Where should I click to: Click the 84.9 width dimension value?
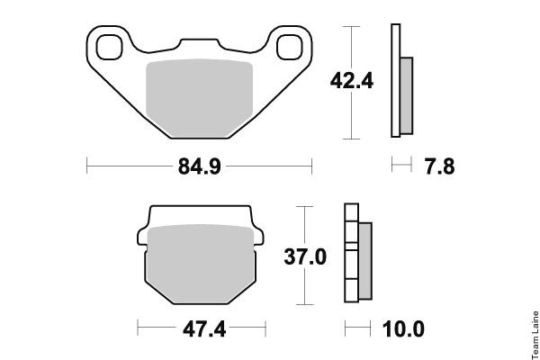pyautogui.click(x=200, y=166)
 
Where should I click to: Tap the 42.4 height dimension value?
pyautogui.click(x=352, y=81)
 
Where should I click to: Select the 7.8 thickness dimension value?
pyautogui.click(x=440, y=166)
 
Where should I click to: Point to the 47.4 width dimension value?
pyautogui.click(x=204, y=329)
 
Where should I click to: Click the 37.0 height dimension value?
pyautogui.click(x=305, y=256)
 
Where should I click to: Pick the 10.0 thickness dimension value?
pyautogui.click(x=403, y=329)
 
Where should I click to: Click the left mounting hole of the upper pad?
pyautogui.click(x=110, y=47)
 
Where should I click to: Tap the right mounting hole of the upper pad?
pyautogui.click(x=289, y=47)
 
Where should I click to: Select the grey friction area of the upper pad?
pyautogui.click(x=200, y=98)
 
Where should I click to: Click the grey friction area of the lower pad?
pyautogui.click(x=201, y=265)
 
